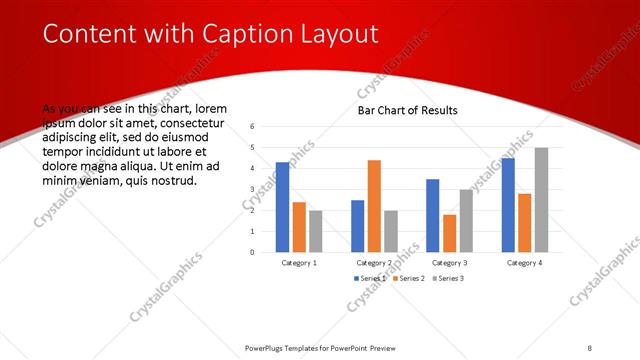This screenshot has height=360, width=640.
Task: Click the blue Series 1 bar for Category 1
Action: pyautogui.click(x=282, y=206)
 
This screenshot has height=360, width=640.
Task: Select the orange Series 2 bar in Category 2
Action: pyautogui.click(x=374, y=205)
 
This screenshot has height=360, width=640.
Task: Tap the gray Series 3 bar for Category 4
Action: pyautogui.click(x=541, y=199)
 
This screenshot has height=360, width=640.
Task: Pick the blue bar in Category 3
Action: pyautogui.click(x=432, y=215)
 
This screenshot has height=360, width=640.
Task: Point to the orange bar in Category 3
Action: pyautogui.click(x=449, y=233)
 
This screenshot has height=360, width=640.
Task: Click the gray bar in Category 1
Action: pyautogui.click(x=315, y=231)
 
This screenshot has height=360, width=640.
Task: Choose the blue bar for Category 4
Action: pyautogui.click(x=508, y=204)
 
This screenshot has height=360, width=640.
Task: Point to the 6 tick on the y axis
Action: pyautogui.click(x=253, y=126)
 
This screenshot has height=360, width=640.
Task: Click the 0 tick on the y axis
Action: pyautogui.click(x=253, y=252)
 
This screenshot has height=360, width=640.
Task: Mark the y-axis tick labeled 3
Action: pyautogui.click(x=253, y=189)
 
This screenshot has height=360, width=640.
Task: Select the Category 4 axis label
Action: pyautogui.click(x=524, y=262)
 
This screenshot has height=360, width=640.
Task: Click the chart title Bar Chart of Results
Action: pyautogui.click(x=407, y=110)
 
